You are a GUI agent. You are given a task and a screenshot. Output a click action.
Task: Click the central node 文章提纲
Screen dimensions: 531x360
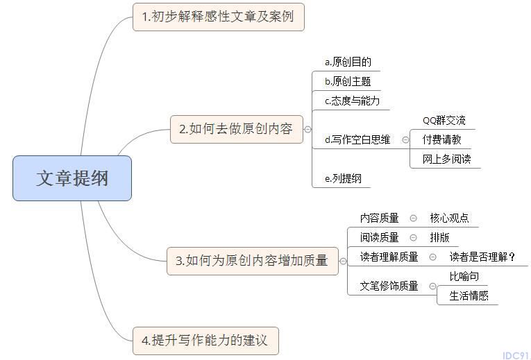[x=72, y=178]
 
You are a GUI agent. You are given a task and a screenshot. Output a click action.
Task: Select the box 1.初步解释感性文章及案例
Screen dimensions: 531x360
[x=219, y=17]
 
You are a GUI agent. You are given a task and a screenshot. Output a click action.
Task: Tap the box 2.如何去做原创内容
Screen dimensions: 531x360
[x=237, y=129]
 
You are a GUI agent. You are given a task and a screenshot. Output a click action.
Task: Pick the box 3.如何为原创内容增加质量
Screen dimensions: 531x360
[x=252, y=261]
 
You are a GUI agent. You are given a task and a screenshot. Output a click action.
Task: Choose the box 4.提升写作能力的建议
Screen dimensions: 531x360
[x=205, y=341]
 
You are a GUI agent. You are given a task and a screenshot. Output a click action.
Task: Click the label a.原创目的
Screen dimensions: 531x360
[x=348, y=62]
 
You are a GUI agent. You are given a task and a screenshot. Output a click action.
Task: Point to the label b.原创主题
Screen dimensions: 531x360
[x=348, y=81]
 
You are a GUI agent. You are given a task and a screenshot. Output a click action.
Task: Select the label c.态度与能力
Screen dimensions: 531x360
[x=352, y=101]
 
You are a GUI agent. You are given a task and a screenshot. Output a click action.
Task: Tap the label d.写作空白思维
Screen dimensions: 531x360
[x=357, y=139]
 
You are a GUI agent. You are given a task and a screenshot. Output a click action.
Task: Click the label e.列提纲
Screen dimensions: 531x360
[x=343, y=178]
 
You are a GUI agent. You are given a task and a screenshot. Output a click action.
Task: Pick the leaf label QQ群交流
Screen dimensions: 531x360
[x=444, y=121]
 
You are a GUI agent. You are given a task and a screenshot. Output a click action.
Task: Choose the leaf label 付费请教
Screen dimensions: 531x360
[x=442, y=139]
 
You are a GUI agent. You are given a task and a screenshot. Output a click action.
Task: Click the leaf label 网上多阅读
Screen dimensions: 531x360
[x=447, y=159]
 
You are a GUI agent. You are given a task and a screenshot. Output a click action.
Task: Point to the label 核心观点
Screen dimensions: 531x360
[x=449, y=218]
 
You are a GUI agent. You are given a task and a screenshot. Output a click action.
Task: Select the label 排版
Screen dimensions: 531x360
[x=439, y=237]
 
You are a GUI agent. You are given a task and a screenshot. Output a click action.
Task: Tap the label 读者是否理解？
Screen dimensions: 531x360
[x=482, y=257]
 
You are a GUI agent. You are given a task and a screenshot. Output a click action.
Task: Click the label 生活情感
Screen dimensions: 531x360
[x=469, y=296]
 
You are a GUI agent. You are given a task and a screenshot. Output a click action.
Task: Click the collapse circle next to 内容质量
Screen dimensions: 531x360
[x=413, y=218]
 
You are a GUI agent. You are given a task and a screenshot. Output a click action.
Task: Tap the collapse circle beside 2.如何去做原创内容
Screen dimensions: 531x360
[x=307, y=129]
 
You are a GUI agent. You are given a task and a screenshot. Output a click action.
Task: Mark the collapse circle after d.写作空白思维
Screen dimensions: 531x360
[x=405, y=139]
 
